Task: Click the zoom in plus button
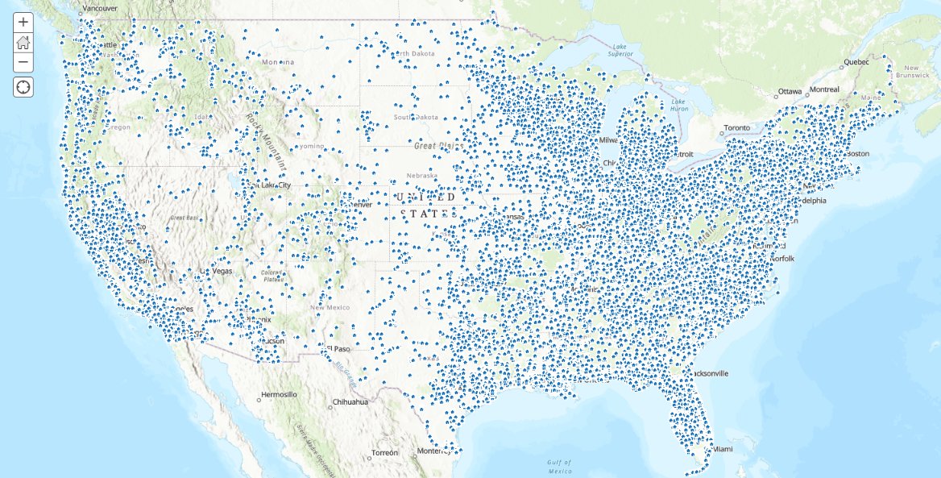point(23,23)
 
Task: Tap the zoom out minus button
point(23,62)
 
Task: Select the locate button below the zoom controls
point(23,87)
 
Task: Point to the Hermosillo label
point(279,395)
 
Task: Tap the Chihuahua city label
point(349,401)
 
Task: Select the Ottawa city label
point(790,91)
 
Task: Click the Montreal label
point(824,89)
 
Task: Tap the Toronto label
point(736,128)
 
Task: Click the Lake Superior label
point(618,51)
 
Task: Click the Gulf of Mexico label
point(559,466)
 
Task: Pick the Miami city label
point(723,448)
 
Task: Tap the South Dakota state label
point(416,118)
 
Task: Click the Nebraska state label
point(421,175)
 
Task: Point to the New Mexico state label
point(330,307)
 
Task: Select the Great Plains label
point(436,147)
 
